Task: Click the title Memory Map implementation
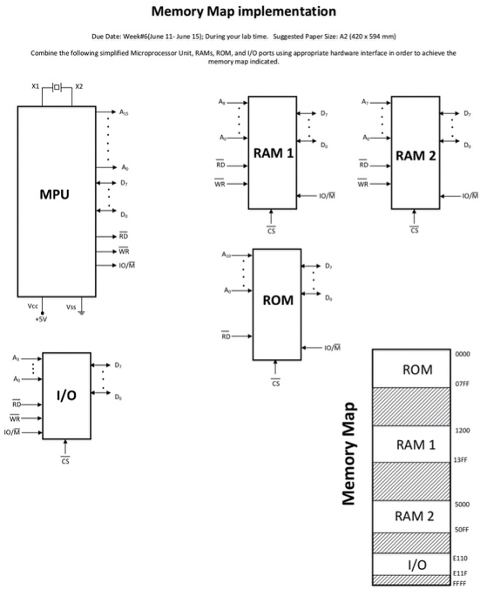click(x=242, y=12)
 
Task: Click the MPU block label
click(x=54, y=194)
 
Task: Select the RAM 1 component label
click(x=273, y=153)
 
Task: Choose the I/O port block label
click(x=66, y=396)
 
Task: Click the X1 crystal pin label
click(x=35, y=86)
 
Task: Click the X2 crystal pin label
click(x=79, y=86)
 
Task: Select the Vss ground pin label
click(x=70, y=307)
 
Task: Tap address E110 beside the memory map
click(x=461, y=556)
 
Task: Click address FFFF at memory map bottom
click(x=461, y=580)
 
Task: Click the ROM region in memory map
click(x=417, y=369)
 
